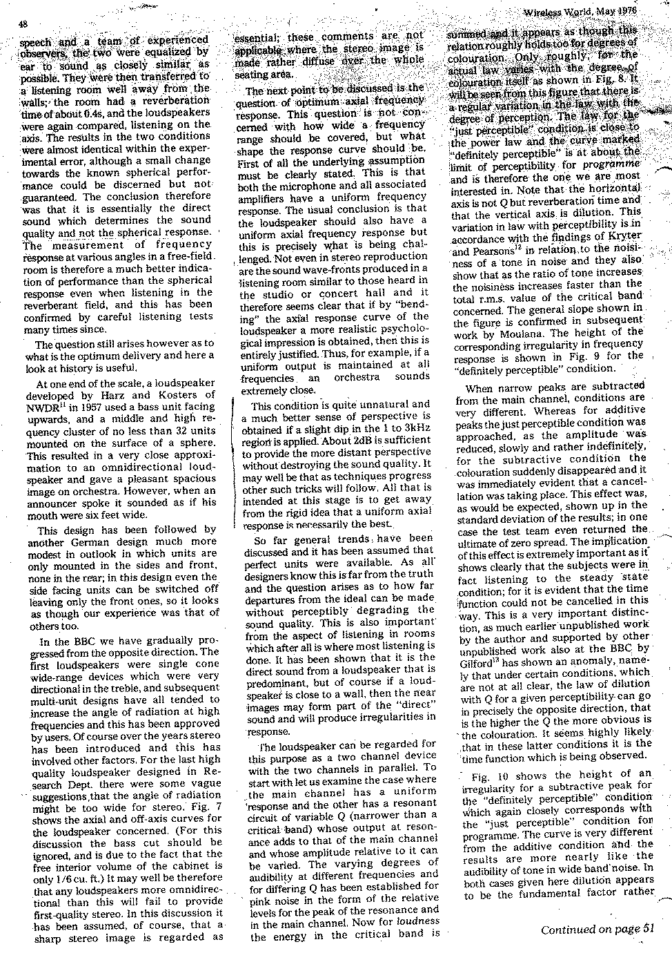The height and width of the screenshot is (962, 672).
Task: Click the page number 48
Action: coord(23,25)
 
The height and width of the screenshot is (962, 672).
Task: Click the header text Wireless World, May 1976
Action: coord(597,12)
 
